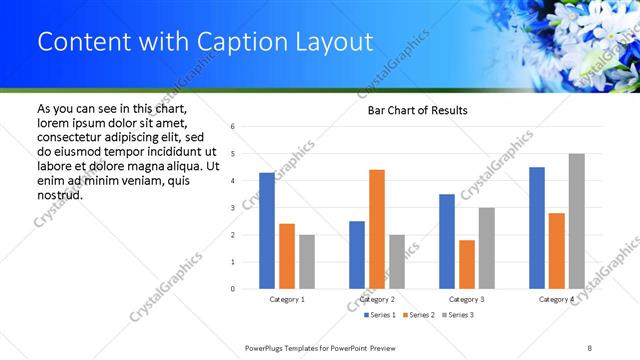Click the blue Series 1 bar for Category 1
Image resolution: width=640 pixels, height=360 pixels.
click(x=267, y=230)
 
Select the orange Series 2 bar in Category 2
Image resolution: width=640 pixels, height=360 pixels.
click(x=377, y=229)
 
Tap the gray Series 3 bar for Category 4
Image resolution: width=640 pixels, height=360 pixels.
click(x=576, y=221)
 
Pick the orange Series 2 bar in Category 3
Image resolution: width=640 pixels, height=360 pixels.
click(x=467, y=264)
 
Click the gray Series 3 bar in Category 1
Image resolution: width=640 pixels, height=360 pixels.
click(x=306, y=261)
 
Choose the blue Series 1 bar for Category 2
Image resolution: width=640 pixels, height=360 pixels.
click(x=357, y=254)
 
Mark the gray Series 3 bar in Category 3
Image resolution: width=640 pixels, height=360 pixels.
click(x=486, y=248)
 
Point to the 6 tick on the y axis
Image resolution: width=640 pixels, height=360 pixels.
click(x=232, y=127)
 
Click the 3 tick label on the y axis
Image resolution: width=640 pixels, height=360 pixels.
click(x=232, y=208)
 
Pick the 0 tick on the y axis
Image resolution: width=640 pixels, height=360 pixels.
click(x=232, y=289)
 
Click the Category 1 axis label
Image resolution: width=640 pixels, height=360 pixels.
click(x=288, y=299)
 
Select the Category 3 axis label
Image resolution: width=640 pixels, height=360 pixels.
click(x=467, y=299)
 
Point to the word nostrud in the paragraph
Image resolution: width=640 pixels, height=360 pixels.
click(x=59, y=194)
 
